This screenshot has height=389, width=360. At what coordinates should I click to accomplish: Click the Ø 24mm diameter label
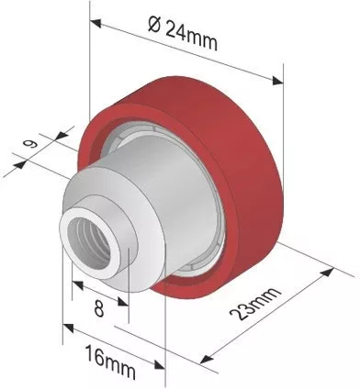click(183, 33)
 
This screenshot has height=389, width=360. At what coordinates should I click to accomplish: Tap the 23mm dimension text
click(254, 304)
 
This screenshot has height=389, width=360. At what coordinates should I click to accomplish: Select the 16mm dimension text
click(109, 361)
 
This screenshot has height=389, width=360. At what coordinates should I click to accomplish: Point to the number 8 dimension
click(99, 308)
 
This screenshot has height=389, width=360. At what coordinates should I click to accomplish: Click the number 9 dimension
click(31, 143)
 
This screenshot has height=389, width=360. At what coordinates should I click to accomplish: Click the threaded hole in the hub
click(89, 242)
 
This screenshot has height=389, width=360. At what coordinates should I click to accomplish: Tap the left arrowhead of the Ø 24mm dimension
click(96, 23)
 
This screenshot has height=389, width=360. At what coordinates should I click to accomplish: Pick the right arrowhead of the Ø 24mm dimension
click(277, 80)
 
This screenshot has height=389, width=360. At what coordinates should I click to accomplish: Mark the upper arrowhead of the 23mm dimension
click(328, 272)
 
